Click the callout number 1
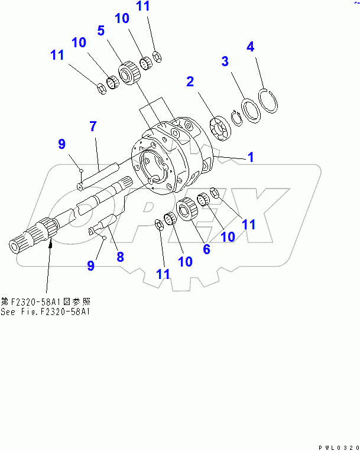coord(251,157)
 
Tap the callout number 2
coord(190,82)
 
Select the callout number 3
coord(225,61)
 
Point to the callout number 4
coord(251,46)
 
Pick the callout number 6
coord(206,249)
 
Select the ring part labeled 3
coord(250,111)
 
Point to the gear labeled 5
coord(127,75)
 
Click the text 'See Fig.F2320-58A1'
coord(45,312)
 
